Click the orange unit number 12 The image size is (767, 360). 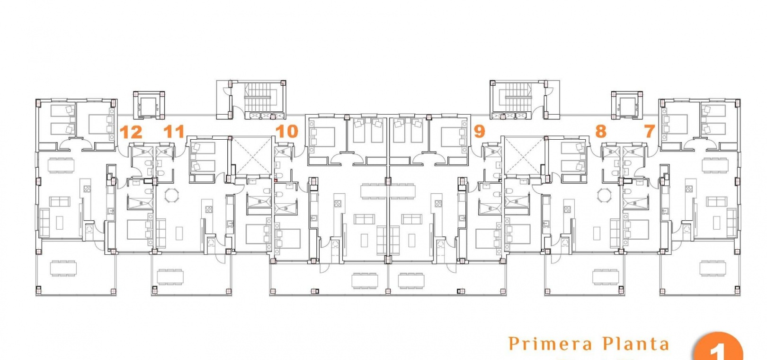[131, 132]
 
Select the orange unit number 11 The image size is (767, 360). [174, 132]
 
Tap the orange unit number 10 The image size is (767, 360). [287, 131]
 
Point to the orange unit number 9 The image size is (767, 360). [480, 131]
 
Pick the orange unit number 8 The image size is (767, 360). [601, 131]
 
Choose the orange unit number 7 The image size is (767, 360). [650, 131]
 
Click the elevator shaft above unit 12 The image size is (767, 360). [149, 105]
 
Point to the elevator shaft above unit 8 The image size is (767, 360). [627, 105]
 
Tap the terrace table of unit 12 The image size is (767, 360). [63, 268]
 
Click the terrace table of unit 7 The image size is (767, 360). [713, 268]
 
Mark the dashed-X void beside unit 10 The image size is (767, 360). [252, 155]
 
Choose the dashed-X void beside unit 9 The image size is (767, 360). [525, 155]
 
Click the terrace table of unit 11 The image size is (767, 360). [170, 277]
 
